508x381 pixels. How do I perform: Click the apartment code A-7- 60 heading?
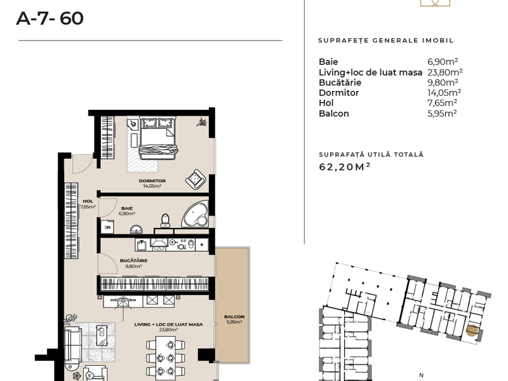click(50, 18)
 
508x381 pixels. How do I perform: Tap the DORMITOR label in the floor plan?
click(152, 181)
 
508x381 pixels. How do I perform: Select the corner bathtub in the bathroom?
click(196, 214)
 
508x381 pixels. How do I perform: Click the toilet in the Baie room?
click(165, 220)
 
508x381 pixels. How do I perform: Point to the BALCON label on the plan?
click(234, 316)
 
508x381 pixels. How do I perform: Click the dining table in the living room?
click(166, 358)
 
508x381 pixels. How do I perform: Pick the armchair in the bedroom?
click(196, 179)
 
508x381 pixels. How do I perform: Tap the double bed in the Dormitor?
click(157, 138)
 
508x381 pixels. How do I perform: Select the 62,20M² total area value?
click(345, 166)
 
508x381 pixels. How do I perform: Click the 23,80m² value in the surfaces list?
click(445, 72)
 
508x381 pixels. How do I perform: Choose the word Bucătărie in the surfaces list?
click(340, 83)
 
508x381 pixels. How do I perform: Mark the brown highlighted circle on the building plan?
click(472, 331)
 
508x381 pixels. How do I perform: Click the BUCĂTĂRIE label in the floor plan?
click(133, 260)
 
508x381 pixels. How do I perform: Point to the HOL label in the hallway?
click(88, 201)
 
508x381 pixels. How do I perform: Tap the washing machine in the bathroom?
click(107, 227)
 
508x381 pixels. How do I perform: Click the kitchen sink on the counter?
click(142, 244)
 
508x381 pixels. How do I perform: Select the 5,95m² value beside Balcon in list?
click(442, 114)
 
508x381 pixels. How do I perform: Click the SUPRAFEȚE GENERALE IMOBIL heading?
click(386, 41)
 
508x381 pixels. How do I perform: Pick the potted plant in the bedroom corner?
click(202, 123)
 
